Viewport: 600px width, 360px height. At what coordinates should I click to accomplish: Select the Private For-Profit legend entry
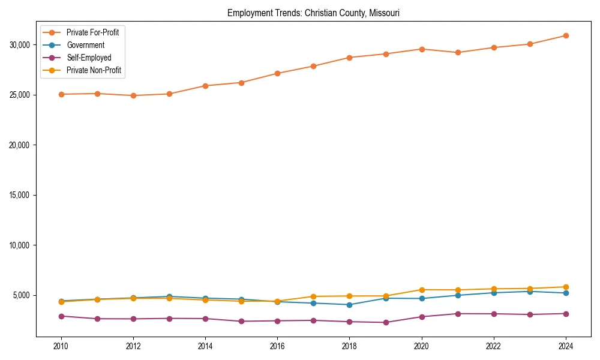pos(92,32)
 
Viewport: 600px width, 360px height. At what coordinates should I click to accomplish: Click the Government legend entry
pos(85,45)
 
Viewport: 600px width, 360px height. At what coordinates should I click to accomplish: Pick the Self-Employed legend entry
pos(89,58)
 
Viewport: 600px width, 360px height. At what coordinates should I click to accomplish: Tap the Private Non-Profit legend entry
pos(94,70)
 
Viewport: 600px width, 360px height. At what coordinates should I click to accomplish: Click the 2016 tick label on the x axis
pos(277,346)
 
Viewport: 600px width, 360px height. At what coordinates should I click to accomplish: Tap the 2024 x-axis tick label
pos(566,346)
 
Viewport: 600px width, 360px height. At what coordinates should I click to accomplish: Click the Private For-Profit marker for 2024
pos(566,35)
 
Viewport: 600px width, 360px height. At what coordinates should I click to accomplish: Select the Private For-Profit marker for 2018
pos(349,58)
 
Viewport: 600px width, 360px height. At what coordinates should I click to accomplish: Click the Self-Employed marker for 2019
pos(386,322)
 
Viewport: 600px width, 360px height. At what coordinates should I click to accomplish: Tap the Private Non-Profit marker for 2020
pos(422,290)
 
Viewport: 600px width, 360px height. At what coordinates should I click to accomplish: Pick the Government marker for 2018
pos(349,304)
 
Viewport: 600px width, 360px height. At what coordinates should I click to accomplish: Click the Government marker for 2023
pos(530,291)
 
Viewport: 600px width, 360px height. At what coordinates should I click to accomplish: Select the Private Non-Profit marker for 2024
pos(566,287)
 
